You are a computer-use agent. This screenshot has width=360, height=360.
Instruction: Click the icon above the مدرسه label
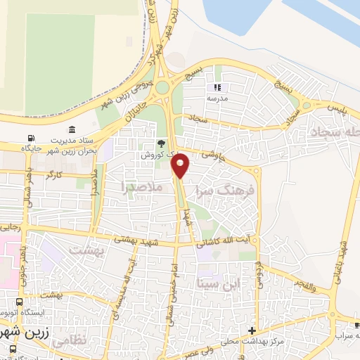pos(217,88)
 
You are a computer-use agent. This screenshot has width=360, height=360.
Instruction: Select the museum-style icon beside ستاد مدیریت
pos(73,129)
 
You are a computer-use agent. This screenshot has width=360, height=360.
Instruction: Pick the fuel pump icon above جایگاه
pos(30,138)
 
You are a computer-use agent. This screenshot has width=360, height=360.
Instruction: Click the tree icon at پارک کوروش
pos(161,142)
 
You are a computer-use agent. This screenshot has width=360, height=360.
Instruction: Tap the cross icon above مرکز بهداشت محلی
pos(252,330)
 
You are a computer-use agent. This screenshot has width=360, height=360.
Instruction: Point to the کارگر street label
pos(54,172)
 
